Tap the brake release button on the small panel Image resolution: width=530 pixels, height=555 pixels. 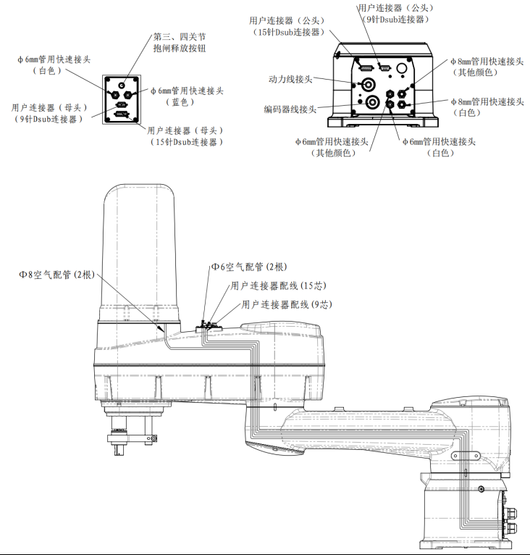point(119,82)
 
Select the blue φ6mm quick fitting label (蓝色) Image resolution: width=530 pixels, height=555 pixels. point(187,96)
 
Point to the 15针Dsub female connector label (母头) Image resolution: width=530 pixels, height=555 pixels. point(185,136)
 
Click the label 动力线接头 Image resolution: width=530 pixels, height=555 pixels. point(290,79)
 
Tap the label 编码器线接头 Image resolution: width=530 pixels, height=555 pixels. point(290,109)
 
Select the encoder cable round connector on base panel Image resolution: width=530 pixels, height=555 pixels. point(371,101)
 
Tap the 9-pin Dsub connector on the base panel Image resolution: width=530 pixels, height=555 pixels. point(384,69)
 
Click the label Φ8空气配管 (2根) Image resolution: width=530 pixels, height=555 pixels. point(57,275)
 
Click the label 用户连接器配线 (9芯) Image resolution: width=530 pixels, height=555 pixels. point(286,305)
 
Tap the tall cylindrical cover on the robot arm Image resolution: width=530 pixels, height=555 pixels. point(140,246)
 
